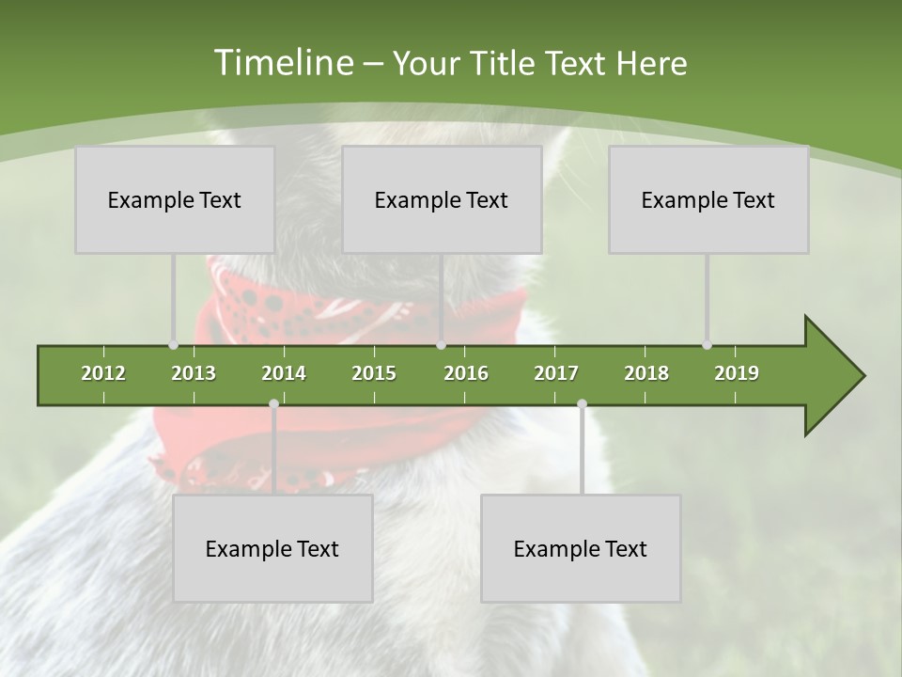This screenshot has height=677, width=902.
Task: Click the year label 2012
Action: [103, 373]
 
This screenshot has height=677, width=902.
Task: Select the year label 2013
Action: [194, 373]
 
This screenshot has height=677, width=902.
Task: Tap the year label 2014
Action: [284, 373]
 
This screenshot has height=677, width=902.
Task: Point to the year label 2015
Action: [374, 373]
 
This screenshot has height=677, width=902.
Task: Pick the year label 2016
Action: [466, 373]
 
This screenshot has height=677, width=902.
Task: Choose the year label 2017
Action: [556, 373]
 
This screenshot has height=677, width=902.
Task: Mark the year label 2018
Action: [646, 373]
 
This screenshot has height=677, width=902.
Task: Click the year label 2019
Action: [737, 373]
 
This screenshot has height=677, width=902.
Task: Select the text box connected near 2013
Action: [175, 199]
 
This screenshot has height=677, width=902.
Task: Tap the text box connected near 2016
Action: [442, 199]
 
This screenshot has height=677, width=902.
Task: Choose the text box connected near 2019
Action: [708, 199]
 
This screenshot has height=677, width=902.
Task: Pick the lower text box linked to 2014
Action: [272, 548]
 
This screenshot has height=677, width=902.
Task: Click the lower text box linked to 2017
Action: [581, 548]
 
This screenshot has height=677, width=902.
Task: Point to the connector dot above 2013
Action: [173, 345]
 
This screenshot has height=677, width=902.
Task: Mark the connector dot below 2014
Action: [273, 403]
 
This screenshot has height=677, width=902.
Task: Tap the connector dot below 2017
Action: [582, 403]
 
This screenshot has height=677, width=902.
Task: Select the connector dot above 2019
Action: [707, 345]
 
